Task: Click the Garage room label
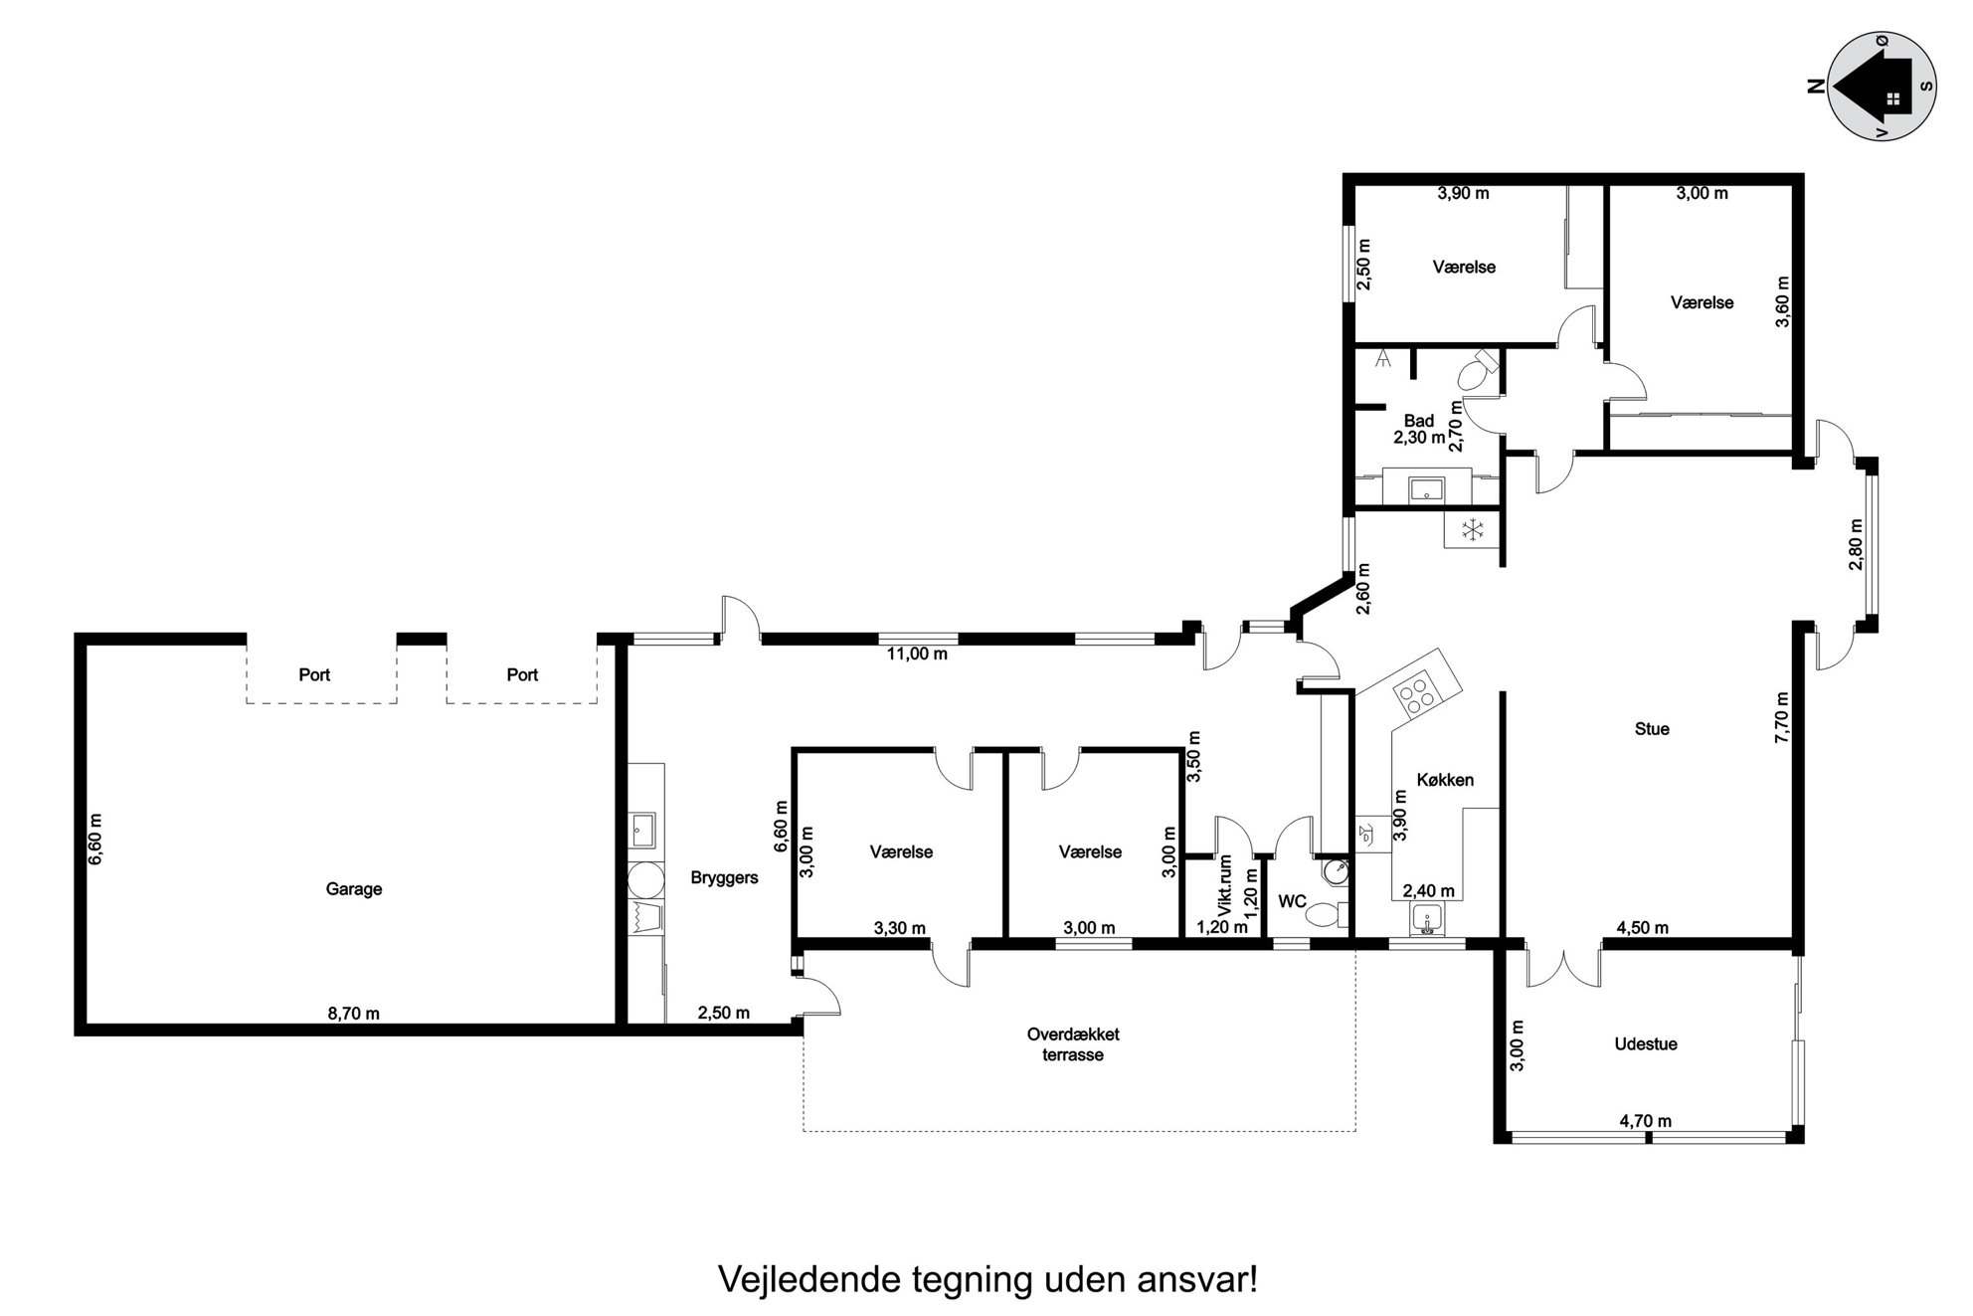[353, 889]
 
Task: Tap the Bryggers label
[724, 878]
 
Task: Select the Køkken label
[1446, 780]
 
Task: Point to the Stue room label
[1652, 729]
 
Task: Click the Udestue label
[1646, 1044]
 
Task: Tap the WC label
[1292, 902]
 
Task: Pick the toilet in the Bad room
[1478, 371]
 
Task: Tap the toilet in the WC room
[1325, 914]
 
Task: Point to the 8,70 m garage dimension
[353, 1014]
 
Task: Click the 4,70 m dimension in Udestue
[1645, 1121]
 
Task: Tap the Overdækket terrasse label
[1073, 1044]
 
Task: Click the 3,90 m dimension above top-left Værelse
[1463, 193]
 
